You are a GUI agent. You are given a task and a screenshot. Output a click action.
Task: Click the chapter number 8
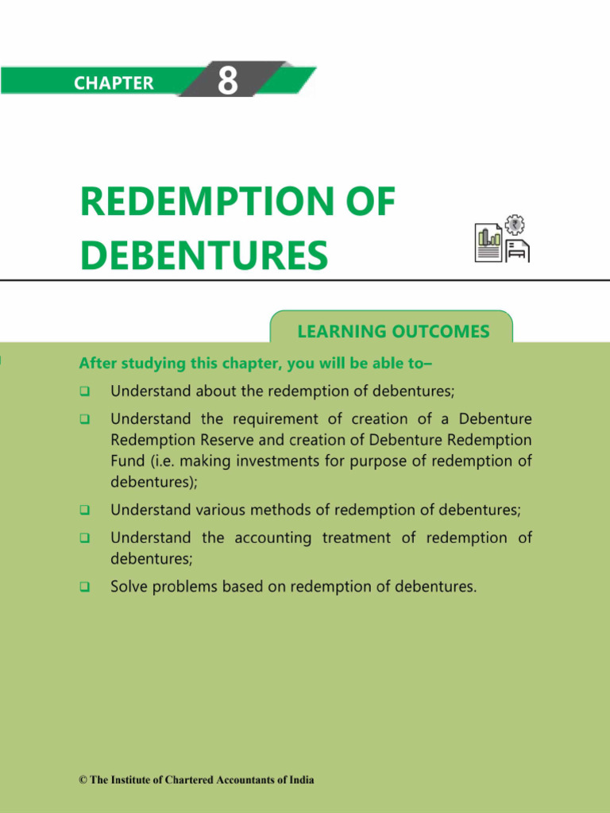tap(228, 80)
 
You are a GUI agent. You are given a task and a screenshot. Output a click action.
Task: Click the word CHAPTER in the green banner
tap(114, 83)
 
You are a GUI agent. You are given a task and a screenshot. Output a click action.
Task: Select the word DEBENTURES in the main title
tap(204, 256)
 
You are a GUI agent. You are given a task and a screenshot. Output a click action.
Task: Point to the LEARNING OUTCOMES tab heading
tap(393, 332)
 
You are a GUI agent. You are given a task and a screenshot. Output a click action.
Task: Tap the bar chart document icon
tap(488, 244)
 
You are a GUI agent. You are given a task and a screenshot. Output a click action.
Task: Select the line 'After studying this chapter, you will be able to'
tap(255, 364)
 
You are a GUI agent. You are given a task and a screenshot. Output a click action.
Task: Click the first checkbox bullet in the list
tap(84, 391)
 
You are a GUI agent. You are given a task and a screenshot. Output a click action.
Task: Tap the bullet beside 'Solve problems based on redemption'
tap(84, 588)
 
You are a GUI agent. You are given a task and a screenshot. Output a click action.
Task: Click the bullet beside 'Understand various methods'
tap(84, 510)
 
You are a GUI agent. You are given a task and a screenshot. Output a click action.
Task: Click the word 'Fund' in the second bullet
tap(124, 460)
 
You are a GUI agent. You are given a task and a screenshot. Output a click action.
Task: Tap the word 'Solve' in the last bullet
tap(129, 588)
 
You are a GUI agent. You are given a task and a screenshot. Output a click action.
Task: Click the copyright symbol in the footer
tap(83, 780)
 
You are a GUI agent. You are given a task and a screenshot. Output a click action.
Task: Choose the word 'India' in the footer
tap(300, 780)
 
